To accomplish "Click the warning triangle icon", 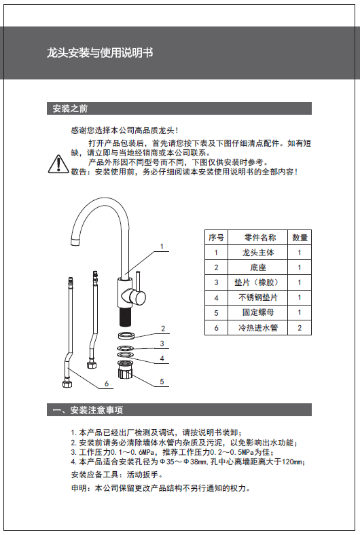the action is tap(58, 164).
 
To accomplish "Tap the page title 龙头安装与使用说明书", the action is tap(100, 53).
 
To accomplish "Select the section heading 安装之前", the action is tap(70, 109).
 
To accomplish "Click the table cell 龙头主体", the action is tap(258, 253).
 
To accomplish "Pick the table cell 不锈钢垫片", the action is tap(258, 297).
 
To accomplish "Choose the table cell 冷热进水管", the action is tap(258, 327).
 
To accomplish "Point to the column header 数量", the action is tap(300, 238).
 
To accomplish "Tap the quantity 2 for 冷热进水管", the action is tap(300, 328).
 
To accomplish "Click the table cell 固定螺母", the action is tap(258, 312).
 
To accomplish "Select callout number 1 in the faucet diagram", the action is tap(162, 246).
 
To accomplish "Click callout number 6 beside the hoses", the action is tap(107, 384).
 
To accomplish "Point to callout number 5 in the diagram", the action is tap(162, 382).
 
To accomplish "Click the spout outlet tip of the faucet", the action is tap(75, 242).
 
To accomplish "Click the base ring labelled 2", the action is tap(126, 335).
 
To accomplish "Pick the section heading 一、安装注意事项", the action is tap(88, 410).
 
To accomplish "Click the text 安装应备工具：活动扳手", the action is tap(117, 475).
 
